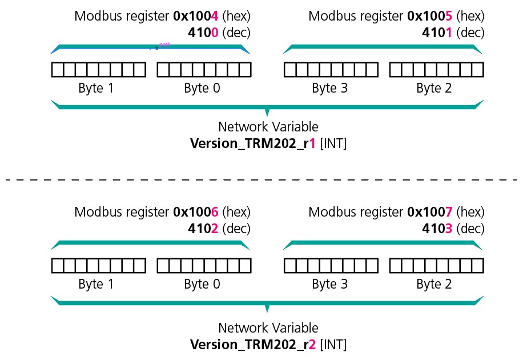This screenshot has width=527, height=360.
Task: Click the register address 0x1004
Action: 196,15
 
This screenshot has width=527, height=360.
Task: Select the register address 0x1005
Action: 430,15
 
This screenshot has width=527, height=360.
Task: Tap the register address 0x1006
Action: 196,213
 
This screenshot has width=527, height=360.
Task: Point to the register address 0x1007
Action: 430,213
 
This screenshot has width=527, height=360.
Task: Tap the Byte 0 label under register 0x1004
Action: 202,89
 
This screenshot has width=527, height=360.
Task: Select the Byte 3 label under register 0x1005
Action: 330,89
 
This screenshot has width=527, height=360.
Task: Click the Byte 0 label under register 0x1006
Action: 202,285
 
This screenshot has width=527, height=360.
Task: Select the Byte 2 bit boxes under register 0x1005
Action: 437,70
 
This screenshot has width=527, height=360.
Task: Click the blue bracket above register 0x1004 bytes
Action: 103,50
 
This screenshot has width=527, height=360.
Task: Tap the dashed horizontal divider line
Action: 263,180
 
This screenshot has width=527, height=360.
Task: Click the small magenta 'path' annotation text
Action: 164,44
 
